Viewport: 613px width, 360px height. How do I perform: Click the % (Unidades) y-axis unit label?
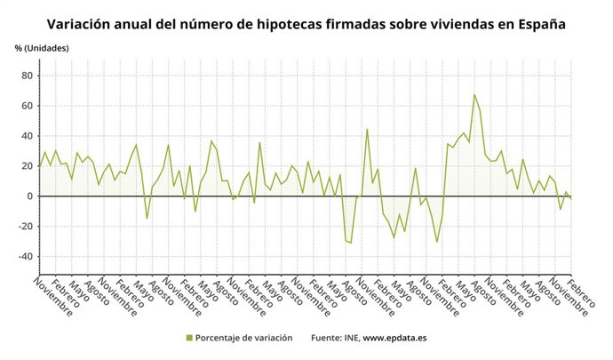pyautogui.click(x=42, y=47)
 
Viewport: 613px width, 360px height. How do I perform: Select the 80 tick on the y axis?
pyautogui.click(x=27, y=76)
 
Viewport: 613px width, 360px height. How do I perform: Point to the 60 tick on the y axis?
pyautogui.click(x=27, y=106)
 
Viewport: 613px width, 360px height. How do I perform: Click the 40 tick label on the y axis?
pyautogui.click(x=27, y=136)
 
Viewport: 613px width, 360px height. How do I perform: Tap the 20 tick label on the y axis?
pyautogui.click(x=27, y=166)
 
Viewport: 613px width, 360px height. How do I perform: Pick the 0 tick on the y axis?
pyautogui.click(x=29, y=196)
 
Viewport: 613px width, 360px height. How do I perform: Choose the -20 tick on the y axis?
pyautogui.click(x=25, y=227)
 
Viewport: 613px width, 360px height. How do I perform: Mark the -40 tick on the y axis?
pyautogui.click(x=25, y=257)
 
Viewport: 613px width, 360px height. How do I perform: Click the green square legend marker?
pyautogui.click(x=189, y=338)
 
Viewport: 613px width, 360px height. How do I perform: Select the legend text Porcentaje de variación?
pyautogui.click(x=243, y=338)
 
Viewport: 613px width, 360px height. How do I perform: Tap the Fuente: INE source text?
pyautogui.click(x=334, y=338)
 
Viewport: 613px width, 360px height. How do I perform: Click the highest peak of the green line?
pyautogui.click(x=474, y=95)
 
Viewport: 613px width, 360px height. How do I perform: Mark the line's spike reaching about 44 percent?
pyautogui.click(x=367, y=130)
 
